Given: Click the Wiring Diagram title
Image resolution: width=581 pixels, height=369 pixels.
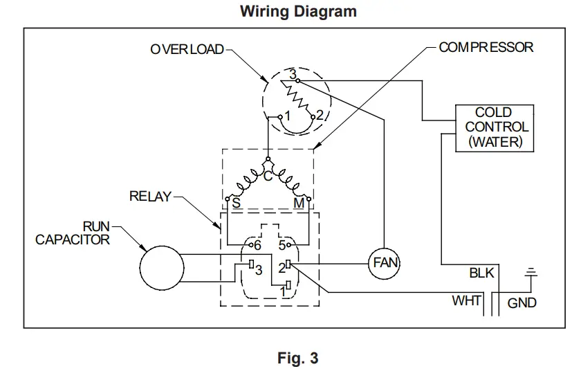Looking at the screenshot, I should (x=298, y=12).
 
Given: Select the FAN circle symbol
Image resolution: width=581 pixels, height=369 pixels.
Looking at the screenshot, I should (x=383, y=264).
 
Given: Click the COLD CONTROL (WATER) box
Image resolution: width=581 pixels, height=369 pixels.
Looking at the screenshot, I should (x=493, y=127).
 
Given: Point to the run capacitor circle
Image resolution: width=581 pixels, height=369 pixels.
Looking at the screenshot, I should (x=162, y=268).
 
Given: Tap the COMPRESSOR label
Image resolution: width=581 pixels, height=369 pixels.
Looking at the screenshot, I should (x=486, y=48).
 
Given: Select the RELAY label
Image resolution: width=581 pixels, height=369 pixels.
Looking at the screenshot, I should (x=150, y=197).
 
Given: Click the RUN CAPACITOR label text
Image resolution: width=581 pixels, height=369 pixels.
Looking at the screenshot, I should (x=73, y=233).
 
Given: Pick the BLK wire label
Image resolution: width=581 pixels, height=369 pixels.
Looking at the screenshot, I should (x=482, y=273).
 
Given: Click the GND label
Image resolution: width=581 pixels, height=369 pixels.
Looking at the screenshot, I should (x=522, y=303).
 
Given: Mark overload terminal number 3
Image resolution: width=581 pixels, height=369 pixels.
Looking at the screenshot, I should (x=293, y=73).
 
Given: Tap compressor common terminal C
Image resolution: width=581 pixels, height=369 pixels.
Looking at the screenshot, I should (x=267, y=176).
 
